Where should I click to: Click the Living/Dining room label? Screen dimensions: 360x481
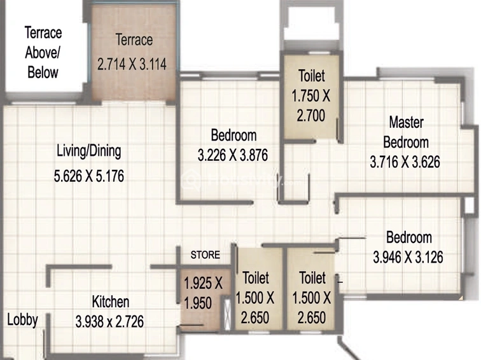[89, 151]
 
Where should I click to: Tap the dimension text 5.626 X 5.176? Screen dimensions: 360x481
[89, 175]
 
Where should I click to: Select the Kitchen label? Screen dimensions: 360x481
[111, 301]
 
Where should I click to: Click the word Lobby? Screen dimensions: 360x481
[22, 319]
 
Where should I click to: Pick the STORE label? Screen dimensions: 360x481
[206, 255]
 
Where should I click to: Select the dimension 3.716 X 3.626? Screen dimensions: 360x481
[405, 162]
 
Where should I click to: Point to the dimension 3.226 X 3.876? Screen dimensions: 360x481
[234, 154]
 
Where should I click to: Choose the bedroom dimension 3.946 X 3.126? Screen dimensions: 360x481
[408, 258]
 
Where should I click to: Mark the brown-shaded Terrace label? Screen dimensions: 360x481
[134, 40]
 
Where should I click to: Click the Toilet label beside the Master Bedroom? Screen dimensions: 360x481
[312, 76]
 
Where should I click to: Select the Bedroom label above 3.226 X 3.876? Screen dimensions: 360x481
[234, 135]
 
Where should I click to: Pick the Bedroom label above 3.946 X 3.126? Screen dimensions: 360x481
[409, 238]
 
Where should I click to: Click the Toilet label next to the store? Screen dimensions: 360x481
[256, 278]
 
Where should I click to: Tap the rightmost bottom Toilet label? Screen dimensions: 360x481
[312, 278]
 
